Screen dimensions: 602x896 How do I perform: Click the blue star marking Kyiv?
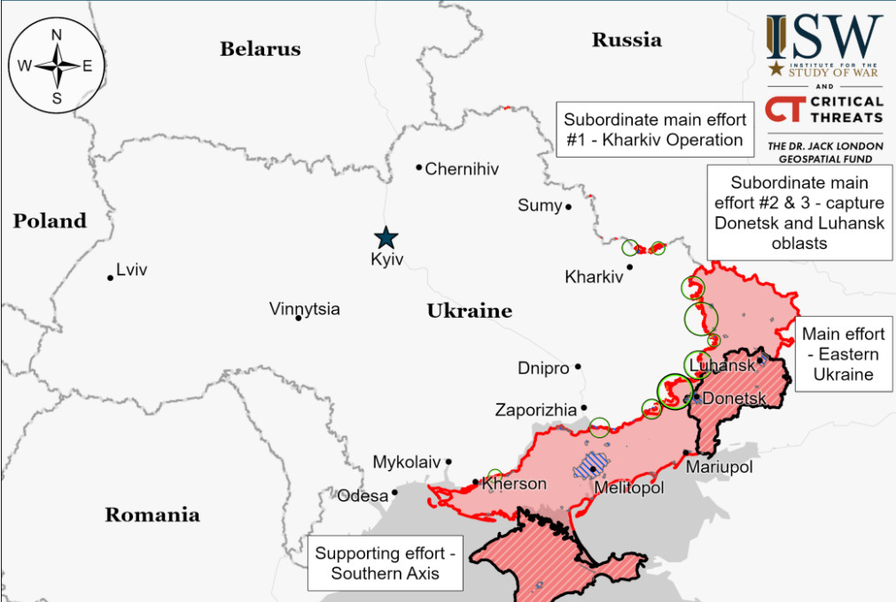click(x=386, y=237)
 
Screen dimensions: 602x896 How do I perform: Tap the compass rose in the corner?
click(x=56, y=66)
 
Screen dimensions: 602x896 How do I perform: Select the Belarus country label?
click(x=260, y=49)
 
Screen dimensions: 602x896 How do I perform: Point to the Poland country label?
click(x=50, y=220)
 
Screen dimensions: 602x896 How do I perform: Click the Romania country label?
click(x=152, y=514)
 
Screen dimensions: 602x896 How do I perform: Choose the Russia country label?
click(x=627, y=39)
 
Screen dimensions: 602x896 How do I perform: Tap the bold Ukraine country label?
click(x=469, y=311)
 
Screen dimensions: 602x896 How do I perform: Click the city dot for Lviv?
click(x=111, y=278)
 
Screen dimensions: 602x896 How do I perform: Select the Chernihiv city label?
click(x=462, y=168)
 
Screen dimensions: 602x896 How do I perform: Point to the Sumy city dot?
click(x=569, y=206)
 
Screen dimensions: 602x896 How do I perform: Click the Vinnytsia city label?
click(x=304, y=309)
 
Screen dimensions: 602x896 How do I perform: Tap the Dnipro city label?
click(x=543, y=368)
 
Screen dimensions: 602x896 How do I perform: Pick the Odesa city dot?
click(x=395, y=493)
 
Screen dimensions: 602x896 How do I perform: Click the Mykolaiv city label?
click(x=406, y=462)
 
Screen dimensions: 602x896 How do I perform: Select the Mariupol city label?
click(x=719, y=467)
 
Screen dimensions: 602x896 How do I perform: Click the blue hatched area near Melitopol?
click(x=589, y=464)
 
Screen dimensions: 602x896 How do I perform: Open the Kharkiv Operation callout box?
click(x=655, y=129)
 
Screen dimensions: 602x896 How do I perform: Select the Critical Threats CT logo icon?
click(x=783, y=109)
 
